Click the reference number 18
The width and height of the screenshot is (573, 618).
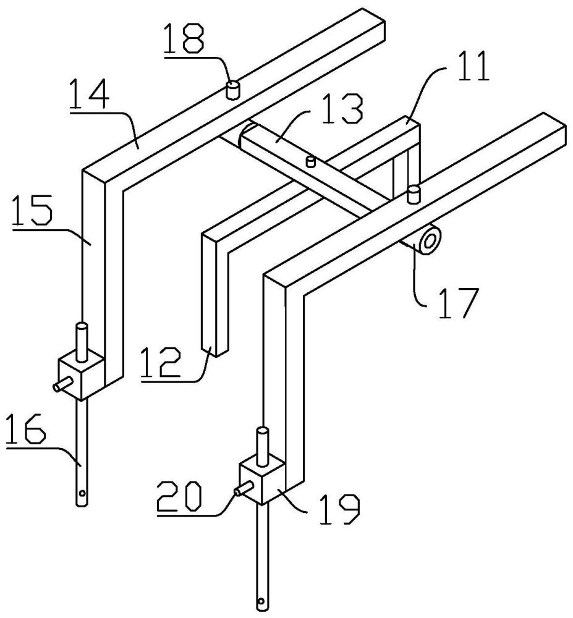pyautogui.click(x=185, y=43)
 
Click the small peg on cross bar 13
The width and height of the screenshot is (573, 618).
pyautogui.click(x=311, y=162)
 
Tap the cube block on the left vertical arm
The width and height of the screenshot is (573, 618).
pyautogui.click(x=79, y=377)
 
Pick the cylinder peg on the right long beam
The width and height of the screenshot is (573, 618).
pyautogui.click(x=414, y=194)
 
